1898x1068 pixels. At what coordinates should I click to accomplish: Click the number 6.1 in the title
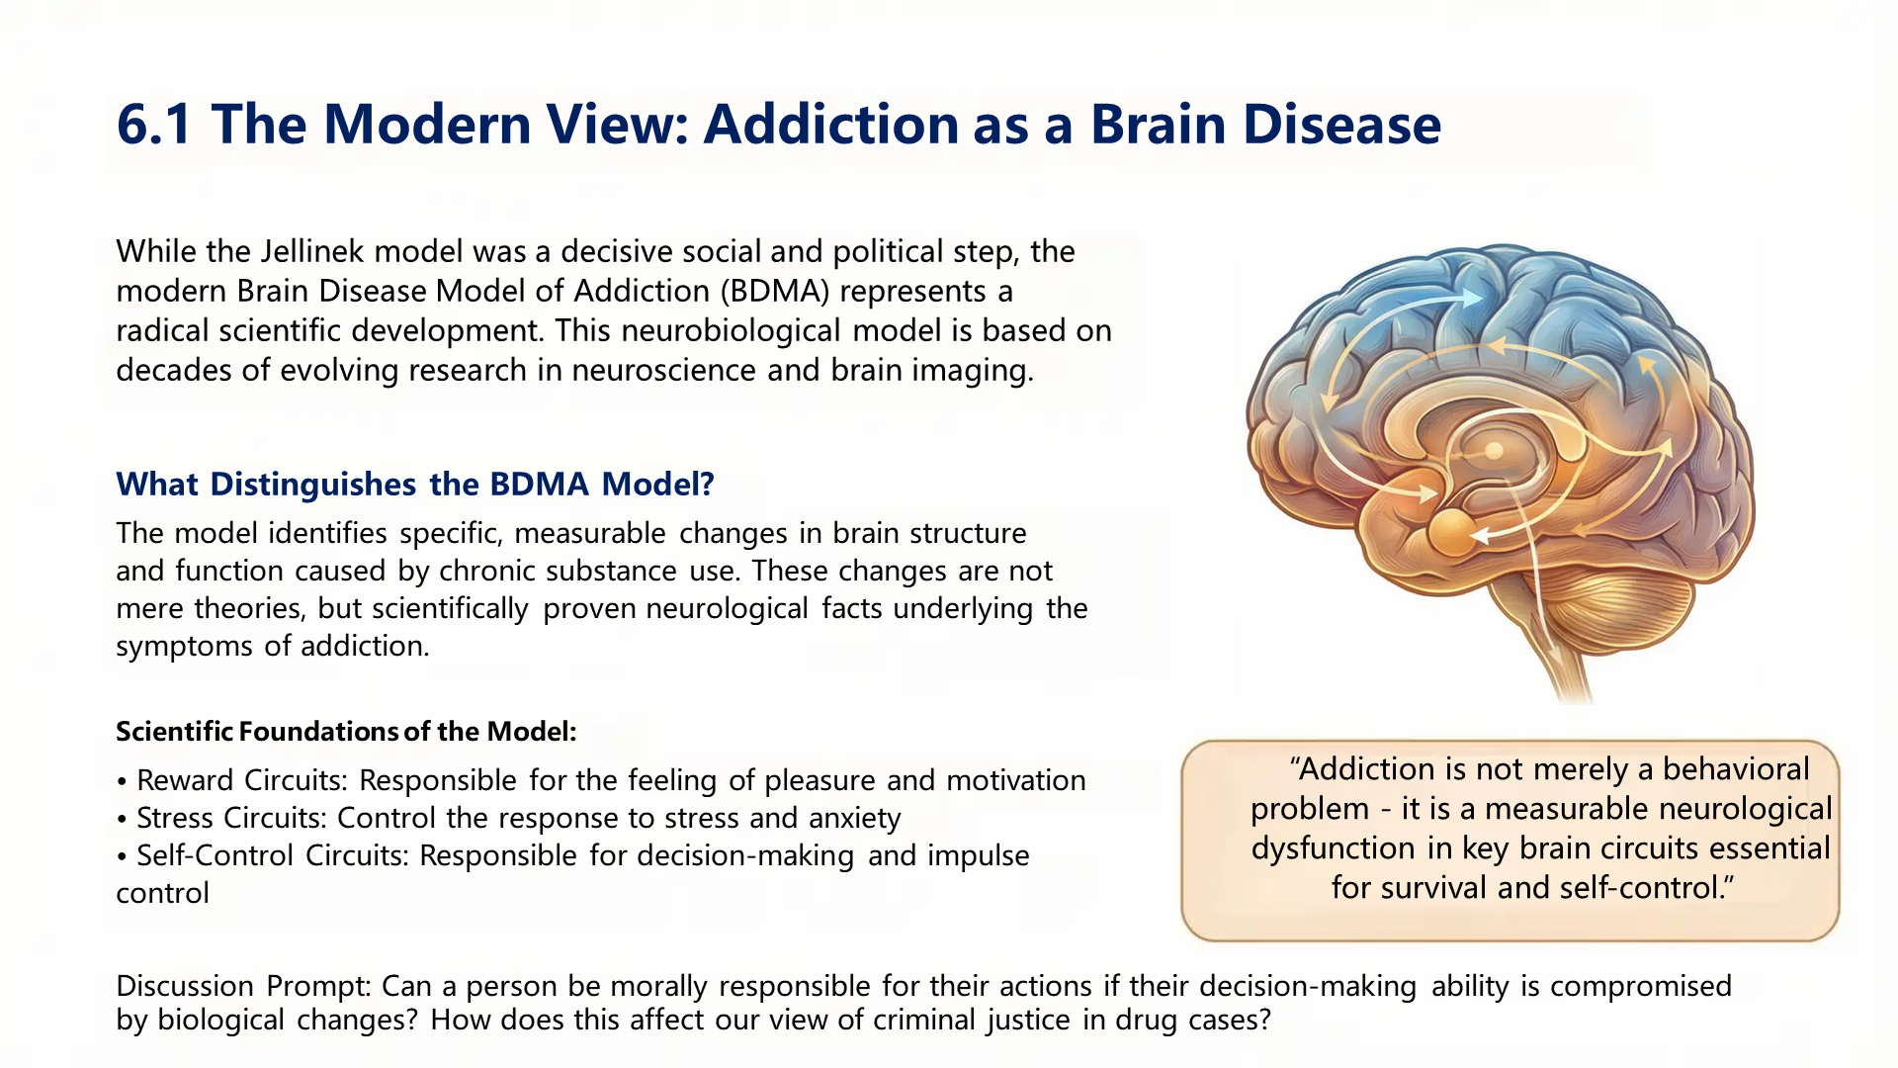(x=154, y=125)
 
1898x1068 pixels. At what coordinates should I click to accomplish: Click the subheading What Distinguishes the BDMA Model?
(x=414, y=484)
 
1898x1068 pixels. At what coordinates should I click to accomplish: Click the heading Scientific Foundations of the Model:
(x=345, y=731)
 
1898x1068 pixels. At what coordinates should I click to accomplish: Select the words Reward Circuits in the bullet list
(x=242, y=780)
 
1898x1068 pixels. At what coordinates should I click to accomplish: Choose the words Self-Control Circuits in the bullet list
(x=272, y=855)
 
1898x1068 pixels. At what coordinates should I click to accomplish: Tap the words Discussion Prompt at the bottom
(x=242, y=986)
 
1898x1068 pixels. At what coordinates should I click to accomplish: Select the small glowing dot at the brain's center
(x=1494, y=451)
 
